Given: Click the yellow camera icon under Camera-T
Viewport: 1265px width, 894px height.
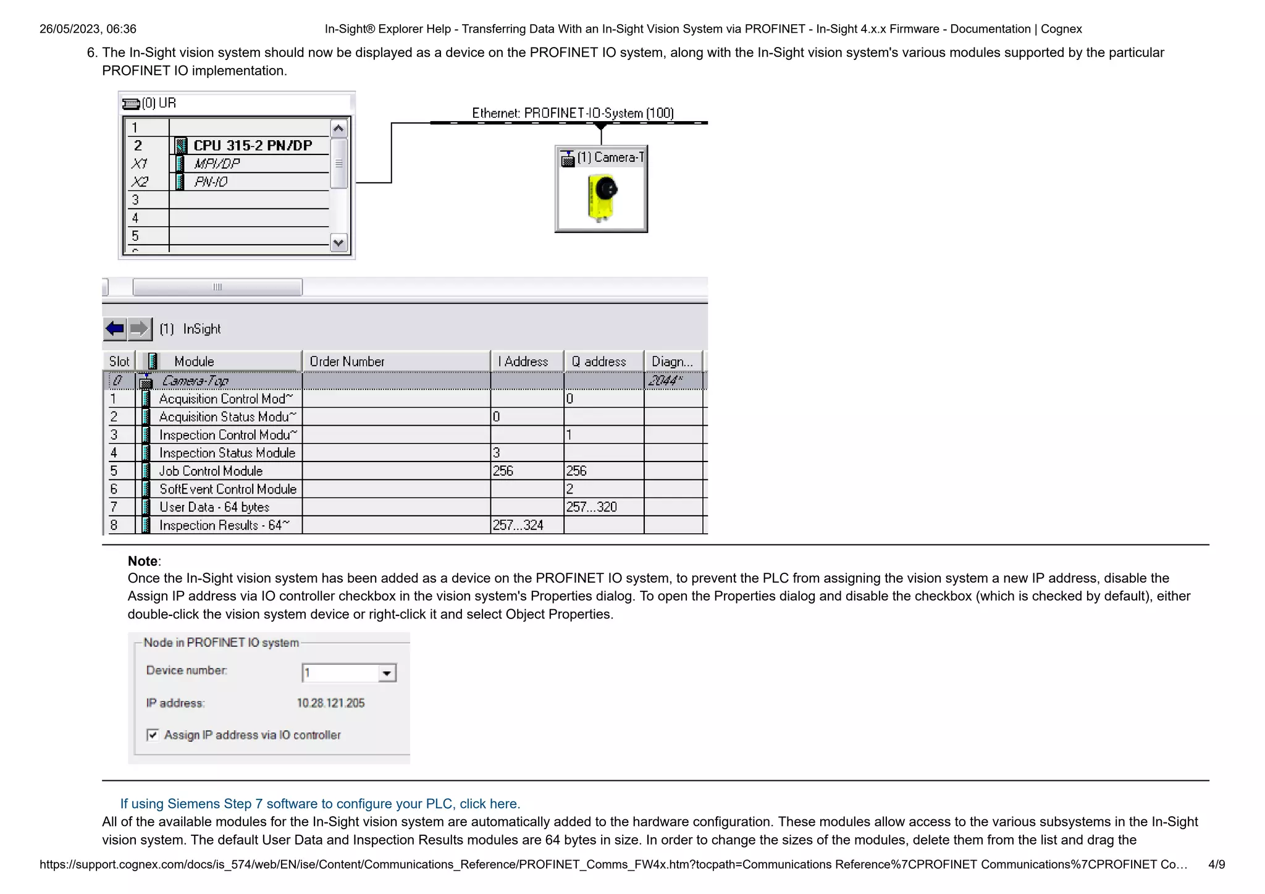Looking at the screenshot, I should click(602, 198).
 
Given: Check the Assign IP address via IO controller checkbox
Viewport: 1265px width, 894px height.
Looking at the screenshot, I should click(153, 735).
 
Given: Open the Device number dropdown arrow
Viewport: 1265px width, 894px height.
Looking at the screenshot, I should click(387, 673).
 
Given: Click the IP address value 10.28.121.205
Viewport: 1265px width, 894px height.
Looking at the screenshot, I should click(330, 703).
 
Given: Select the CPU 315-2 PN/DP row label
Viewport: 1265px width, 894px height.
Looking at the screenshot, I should click(253, 146).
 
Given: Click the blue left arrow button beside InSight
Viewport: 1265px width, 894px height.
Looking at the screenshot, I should click(115, 329).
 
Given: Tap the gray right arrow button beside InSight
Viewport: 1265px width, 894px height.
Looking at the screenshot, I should click(140, 329).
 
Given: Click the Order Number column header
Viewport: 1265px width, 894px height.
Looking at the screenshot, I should click(347, 361).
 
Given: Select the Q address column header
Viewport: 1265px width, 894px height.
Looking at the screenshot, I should click(599, 361).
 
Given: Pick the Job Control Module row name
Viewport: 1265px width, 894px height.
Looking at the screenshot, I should click(211, 471).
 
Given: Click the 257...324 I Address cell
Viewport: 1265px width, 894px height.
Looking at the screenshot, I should click(518, 525).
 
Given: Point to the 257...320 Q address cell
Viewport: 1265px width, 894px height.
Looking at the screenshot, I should click(591, 507).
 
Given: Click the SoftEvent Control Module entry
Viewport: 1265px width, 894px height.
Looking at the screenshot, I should click(228, 489).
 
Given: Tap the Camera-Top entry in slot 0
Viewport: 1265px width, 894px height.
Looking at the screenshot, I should click(195, 381).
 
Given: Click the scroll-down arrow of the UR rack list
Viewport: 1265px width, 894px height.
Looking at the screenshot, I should click(338, 243).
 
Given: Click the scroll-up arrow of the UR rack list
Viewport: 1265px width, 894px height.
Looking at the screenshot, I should click(338, 129).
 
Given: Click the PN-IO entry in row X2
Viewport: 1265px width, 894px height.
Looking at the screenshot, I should click(211, 182).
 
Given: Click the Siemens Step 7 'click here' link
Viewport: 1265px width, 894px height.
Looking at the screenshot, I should click(320, 804).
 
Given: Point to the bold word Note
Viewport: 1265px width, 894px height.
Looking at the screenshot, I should click(143, 561).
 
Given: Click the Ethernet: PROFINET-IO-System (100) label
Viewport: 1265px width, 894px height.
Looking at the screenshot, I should click(573, 113).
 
